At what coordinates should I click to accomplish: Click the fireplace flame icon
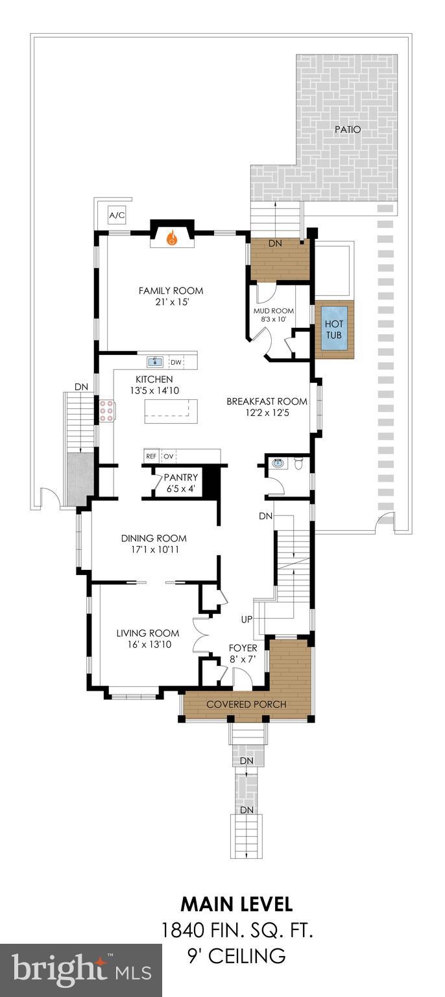172,239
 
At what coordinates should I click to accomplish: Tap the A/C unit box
117,215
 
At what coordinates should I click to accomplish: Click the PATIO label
347,130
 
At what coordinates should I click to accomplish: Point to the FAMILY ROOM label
171,291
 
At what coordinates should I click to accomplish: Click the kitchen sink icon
155,362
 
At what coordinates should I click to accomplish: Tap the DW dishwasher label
176,363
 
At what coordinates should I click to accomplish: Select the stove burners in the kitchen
106,411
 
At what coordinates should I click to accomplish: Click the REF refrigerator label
151,456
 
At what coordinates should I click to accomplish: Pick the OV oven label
168,456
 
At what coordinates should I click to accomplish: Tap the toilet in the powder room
299,463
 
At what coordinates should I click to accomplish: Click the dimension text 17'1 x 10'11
154,550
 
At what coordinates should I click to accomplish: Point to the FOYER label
243,648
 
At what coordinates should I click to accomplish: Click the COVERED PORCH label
246,704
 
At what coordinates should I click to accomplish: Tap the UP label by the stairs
247,619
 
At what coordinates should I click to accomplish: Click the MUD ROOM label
273,311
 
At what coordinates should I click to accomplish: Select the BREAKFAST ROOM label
267,401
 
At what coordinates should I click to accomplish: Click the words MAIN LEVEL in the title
236,904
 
